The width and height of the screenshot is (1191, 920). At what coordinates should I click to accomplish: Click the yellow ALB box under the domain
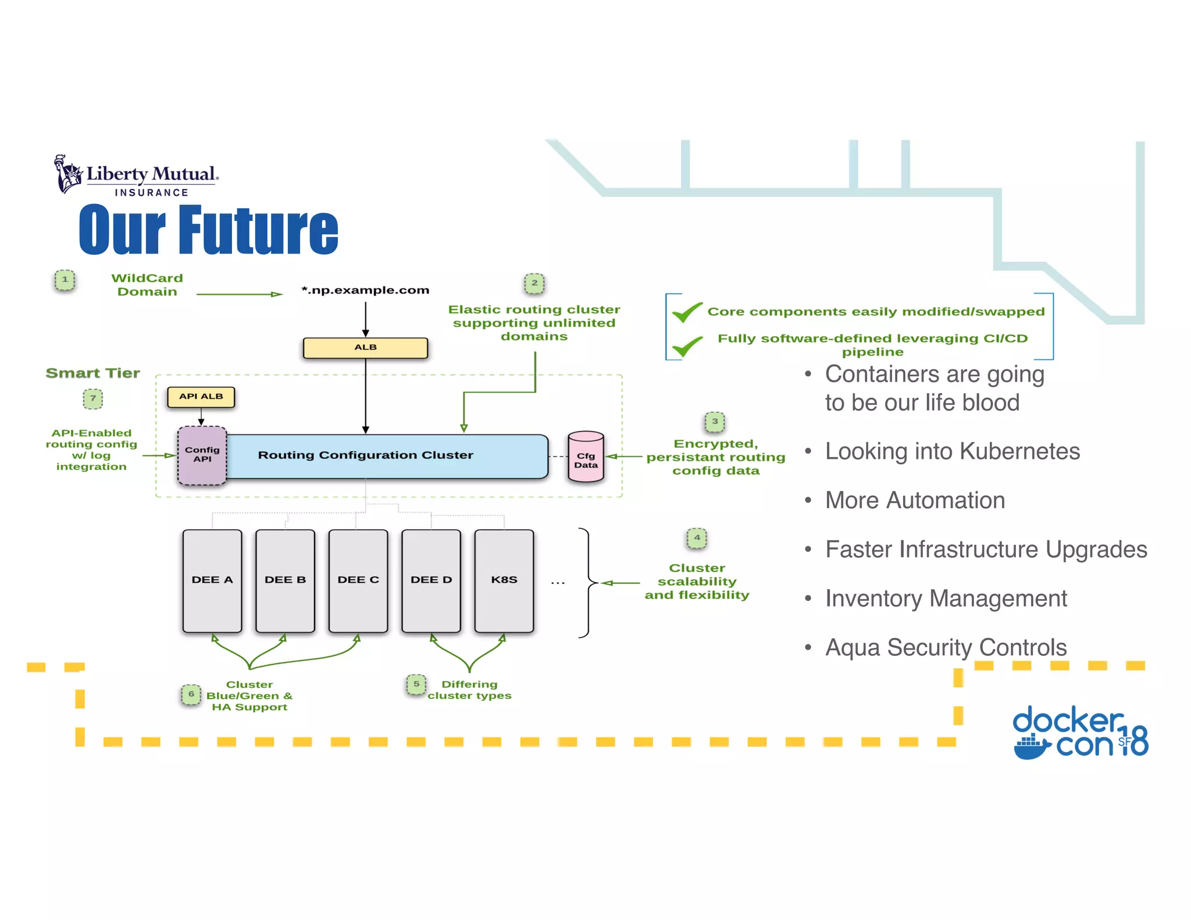tap(365, 348)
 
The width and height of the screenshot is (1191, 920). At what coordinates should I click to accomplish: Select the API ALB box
tap(201, 397)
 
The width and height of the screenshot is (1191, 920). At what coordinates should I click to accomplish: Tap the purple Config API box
tap(202, 455)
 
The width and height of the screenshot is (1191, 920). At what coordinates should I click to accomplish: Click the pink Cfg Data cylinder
tap(586, 459)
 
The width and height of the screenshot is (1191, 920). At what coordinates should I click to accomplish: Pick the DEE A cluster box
tap(212, 580)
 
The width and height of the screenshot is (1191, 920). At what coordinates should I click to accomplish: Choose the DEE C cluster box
tap(358, 580)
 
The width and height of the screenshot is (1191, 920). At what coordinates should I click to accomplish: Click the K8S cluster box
tap(504, 580)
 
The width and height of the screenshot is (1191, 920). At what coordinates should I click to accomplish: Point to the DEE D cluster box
tap(431, 580)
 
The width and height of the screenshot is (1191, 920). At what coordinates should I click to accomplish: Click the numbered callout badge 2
tap(534, 283)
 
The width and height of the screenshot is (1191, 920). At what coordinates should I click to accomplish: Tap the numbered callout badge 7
tap(93, 399)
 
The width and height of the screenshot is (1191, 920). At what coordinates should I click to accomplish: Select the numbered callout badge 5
tap(416, 684)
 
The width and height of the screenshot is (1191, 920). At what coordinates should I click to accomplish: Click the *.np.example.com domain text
tap(365, 290)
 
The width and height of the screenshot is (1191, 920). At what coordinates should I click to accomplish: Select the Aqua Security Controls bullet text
tap(946, 648)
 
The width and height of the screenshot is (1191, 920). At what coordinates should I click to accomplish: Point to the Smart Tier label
tap(93, 373)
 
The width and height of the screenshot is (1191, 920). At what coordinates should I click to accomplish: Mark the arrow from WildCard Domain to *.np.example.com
tap(239, 294)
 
